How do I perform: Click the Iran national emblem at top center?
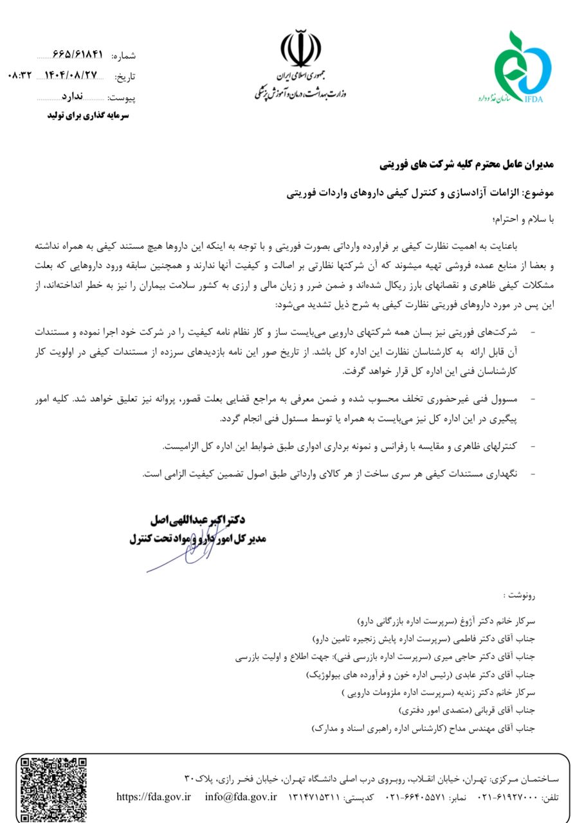300,50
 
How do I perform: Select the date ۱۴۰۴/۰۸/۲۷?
71,76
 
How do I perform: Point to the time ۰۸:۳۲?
19,76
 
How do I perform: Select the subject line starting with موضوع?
419,192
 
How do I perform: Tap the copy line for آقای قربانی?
467,710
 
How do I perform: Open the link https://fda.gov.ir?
154,797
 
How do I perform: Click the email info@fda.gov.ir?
241,797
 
